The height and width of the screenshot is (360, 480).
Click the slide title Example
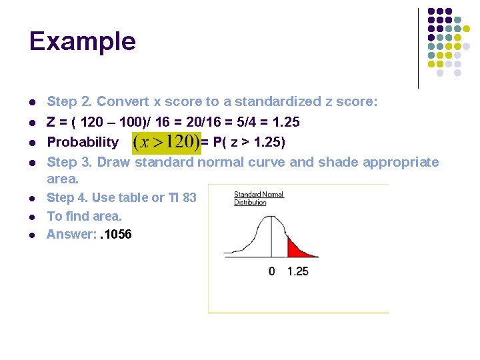(83, 41)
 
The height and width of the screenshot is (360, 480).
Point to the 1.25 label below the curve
(298, 271)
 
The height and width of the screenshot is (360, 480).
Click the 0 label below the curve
(271, 271)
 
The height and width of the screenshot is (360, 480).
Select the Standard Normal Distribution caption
(259, 198)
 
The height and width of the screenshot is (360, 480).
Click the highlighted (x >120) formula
(167, 142)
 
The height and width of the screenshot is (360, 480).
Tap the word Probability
(83, 142)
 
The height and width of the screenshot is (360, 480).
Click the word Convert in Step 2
(123, 102)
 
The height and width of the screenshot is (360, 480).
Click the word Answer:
(71, 234)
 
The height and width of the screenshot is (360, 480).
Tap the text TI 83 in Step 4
(181, 197)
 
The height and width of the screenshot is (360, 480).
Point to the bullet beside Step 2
(31, 103)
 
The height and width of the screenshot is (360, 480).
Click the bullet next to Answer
(31, 235)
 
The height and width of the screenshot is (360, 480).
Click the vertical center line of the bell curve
(271, 240)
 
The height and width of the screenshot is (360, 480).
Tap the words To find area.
(85, 216)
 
